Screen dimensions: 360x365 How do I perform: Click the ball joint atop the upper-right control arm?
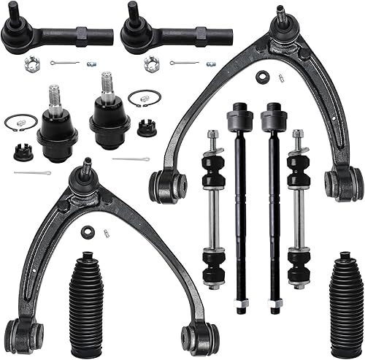(281, 22)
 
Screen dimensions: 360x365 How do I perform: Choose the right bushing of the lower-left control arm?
(201, 335)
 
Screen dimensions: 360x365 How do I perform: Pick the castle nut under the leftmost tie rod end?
(31, 64)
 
